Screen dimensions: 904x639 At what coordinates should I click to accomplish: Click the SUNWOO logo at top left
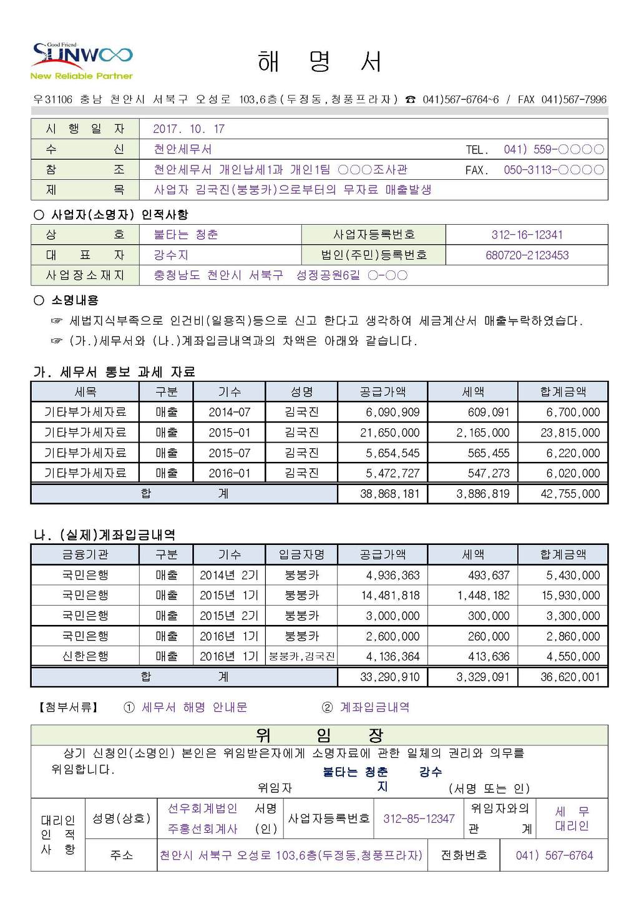pyautogui.click(x=82, y=61)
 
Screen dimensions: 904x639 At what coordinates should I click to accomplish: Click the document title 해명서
pyautogui.click(x=319, y=61)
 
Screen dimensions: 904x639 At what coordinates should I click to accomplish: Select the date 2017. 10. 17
pyautogui.click(x=188, y=129)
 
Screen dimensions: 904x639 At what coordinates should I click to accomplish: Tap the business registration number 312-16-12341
pyautogui.click(x=527, y=235)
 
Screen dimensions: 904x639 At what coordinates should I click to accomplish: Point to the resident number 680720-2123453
pyautogui.click(x=527, y=255)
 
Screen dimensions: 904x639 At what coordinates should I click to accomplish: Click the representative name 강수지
pyautogui.click(x=171, y=255)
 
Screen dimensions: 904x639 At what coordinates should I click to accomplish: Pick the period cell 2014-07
pyautogui.click(x=229, y=413)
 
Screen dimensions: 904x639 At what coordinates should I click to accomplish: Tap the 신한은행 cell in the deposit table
pyautogui.click(x=85, y=657)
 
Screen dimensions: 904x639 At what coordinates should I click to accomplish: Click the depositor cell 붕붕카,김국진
pyautogui.click(x=302, y=657)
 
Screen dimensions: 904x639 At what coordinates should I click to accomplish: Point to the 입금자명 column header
pyautogui.click(x=302, y=554)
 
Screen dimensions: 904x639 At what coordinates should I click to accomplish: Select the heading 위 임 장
pyautogui.click(x=319, y=735)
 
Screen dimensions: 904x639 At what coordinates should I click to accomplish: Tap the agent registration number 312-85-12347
pyautogui.click(x=419, y=818)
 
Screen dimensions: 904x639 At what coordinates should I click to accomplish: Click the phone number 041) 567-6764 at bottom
pyautogui.click(x=554, y=856)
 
